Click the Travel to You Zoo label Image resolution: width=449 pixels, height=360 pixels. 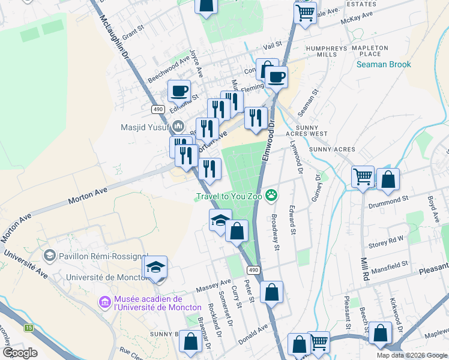point(229,196)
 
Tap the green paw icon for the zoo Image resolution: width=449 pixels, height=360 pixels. point(272,194)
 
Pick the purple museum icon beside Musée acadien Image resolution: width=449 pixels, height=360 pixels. point(105,302)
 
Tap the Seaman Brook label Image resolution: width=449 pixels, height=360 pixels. point(384,64)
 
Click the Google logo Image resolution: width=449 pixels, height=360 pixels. point(20,352)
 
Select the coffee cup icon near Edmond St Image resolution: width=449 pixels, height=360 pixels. point(179,91)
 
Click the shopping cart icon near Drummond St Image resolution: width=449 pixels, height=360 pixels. point(363,177)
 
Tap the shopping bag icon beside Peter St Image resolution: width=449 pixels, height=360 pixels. point(271,292)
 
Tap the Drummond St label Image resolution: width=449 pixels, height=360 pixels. point(388,197)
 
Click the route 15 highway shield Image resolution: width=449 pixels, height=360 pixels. point(29,328)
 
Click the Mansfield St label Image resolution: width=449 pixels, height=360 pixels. point(388,263)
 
